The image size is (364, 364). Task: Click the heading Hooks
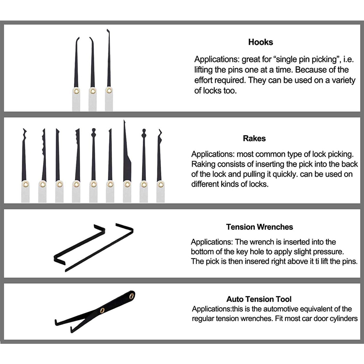(260, 42)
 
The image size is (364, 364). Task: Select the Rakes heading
(254, 138)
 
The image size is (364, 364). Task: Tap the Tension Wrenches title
(259, 227)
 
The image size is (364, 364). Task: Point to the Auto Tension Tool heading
(259, 299)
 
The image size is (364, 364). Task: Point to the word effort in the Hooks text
(204, 80)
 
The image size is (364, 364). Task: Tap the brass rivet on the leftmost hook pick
(76, 91)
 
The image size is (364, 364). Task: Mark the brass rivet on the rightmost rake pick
(160, 184)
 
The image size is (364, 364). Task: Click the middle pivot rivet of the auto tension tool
(102, 310)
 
